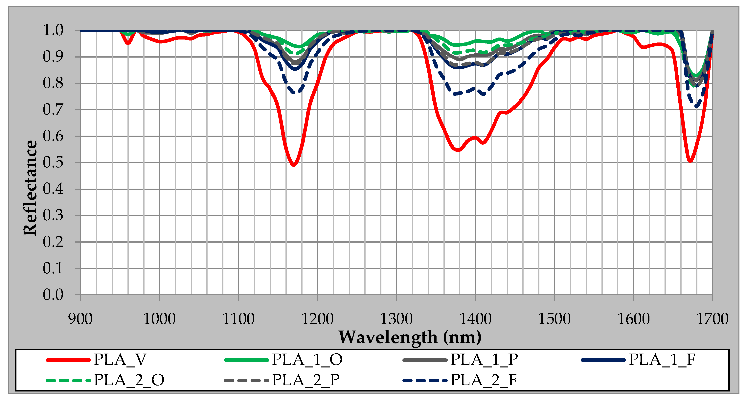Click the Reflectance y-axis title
point(30,188)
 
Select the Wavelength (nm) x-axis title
point(410,337)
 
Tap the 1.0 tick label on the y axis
point(53,30)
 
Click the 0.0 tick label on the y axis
point(53,295)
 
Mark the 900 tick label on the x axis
point(80,319)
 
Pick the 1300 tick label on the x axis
point(396,319)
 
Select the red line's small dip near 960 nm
point(128,43)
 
